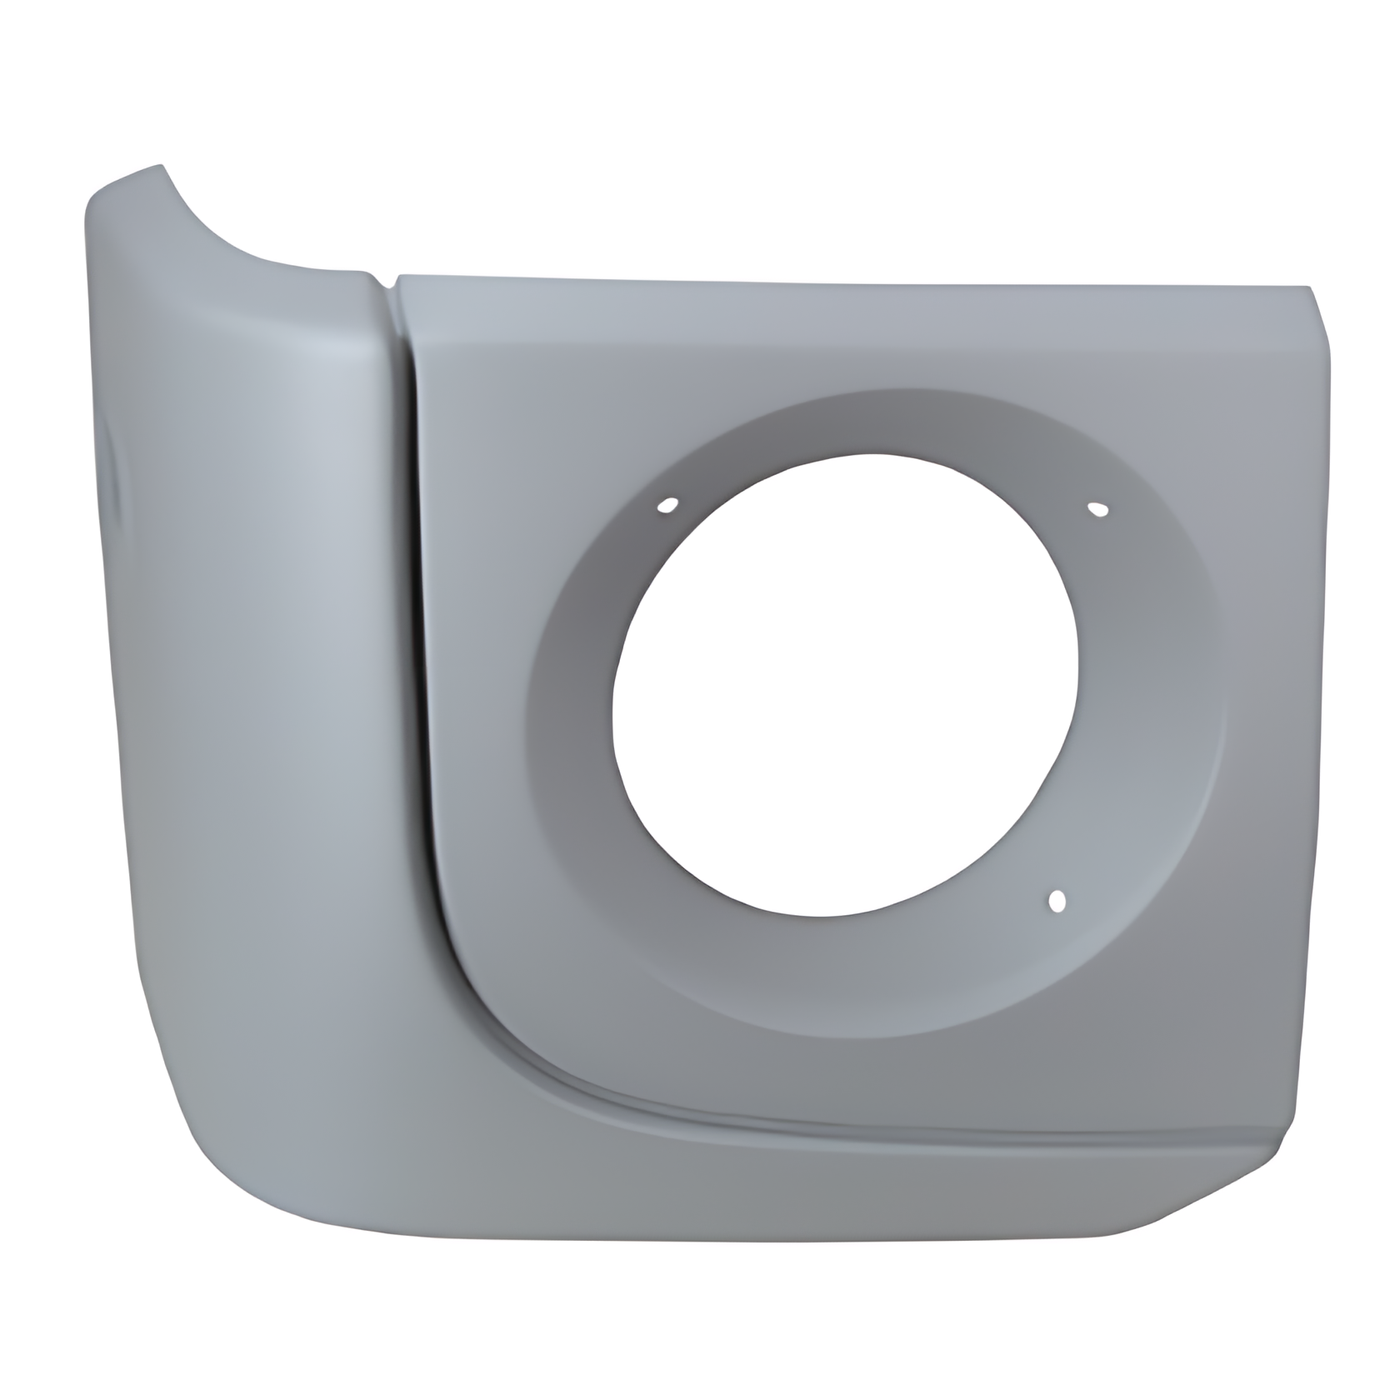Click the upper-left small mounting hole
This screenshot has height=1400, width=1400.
point(667,505)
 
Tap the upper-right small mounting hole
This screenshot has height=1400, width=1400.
point(1097,508)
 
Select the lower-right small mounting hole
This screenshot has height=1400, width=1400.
point(1057,901)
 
